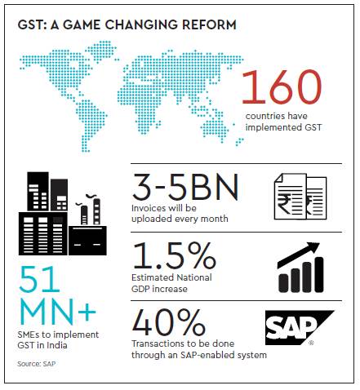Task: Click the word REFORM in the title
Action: point(209,24)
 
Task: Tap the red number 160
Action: point(282,87)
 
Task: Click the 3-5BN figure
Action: point(185,187)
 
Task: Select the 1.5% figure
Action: point(174,255)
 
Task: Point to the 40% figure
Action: point(169,322)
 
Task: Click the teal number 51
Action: point(39,279)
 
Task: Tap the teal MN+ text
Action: point(58,311)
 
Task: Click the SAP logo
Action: point(300,328)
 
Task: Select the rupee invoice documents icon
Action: point(300,197)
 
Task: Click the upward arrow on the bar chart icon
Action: point(298,254)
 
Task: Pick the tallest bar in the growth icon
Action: point(319,275)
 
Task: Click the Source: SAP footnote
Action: point(37,364)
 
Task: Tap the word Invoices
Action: point(148,208)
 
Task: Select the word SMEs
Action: point(29,335)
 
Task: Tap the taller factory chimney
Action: point(96,211)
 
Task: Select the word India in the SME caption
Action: point(57,345)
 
